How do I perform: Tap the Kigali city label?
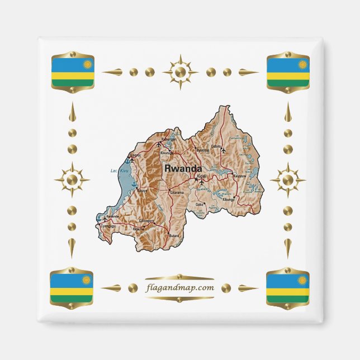(x=202, y=176)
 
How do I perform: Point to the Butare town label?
(x=174, y=236)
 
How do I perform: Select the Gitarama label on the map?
(x=177, y=192)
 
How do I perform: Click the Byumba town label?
(x=202, y=150)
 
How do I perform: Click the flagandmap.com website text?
(x=179, y=288)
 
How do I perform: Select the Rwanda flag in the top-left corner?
(x=72, y=72)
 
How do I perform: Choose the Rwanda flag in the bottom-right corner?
(x=288, y=287)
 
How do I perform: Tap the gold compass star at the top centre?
(x=180, y=72)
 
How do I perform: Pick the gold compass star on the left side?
(x=72, y=180)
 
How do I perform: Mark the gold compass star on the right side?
(x=287, y=180)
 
